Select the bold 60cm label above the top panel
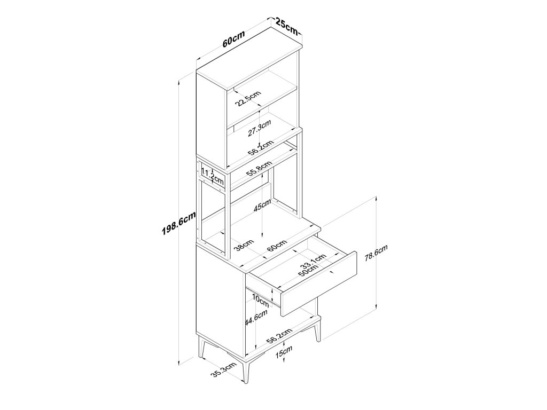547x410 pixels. [x=234, y=41]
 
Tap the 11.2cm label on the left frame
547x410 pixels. [x=207, y=175]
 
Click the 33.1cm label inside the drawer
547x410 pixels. [x=312, y=262]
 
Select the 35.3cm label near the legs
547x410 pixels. [x=223, y=370]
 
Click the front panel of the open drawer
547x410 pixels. [x=318, y=283]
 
